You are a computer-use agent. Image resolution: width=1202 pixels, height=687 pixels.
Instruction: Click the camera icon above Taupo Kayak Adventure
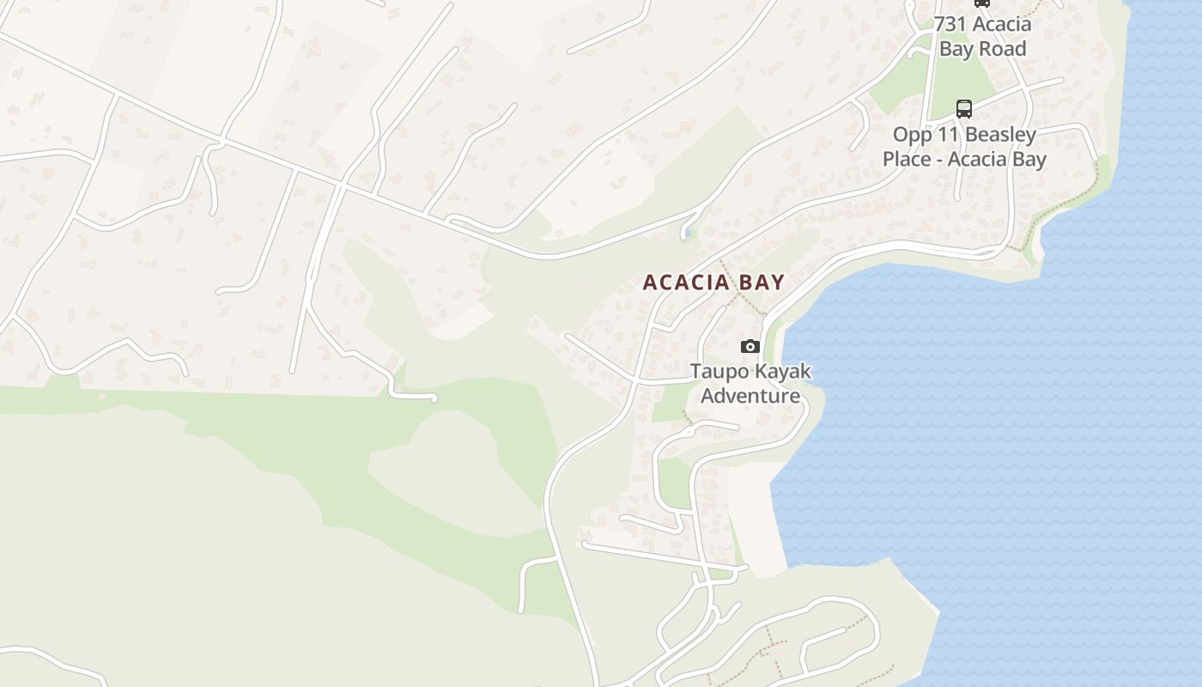[x=750, y=346]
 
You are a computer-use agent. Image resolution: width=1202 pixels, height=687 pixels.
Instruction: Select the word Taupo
[x=719, y=373]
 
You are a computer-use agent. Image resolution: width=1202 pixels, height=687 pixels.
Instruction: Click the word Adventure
[x=750, y=396]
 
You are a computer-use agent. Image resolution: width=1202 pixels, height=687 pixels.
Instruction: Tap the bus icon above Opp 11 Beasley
[x=964, y=109]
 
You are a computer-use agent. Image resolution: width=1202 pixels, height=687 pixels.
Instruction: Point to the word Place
[x=908, y=159]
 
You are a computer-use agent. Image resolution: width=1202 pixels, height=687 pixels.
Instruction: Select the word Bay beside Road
[x=956, y=48]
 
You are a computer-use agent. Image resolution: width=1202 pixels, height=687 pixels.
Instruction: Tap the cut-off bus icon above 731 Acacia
[x=981, y=3]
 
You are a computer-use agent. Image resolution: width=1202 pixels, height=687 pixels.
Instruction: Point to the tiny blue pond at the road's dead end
[x=689, y=233]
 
